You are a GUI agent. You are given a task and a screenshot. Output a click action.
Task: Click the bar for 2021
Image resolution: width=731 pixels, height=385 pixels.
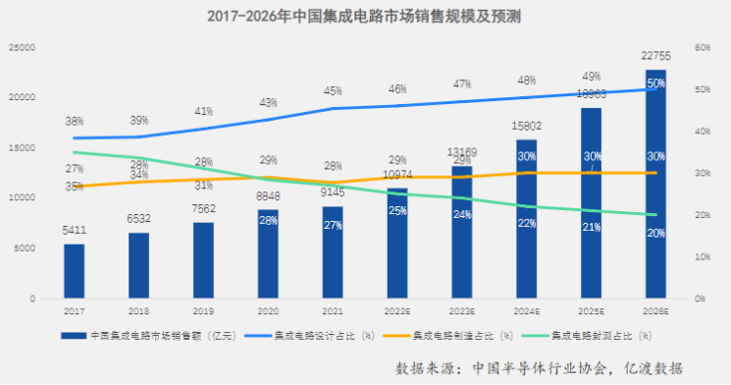pyautogui.click(x=333, y=252)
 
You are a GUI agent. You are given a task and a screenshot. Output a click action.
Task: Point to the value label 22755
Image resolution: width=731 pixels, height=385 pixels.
pyautogui.click(x=656, y=57)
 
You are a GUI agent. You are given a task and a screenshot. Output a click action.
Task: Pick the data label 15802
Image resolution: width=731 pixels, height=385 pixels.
pyautogui.click(x=527, y=127)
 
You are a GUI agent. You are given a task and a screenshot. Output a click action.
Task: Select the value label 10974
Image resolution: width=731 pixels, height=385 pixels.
pyautogui.click(x=397, y=175)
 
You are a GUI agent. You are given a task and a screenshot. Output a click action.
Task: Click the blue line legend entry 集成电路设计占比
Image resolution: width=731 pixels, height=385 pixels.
pyautogui.click(x=319, y=335)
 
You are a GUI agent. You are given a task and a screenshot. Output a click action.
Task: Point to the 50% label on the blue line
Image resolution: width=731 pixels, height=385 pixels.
pyautogui.click(x=656, y=84)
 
